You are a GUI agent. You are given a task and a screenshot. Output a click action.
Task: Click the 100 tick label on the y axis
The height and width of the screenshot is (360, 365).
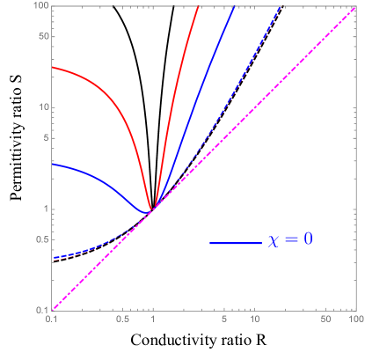(40, 7)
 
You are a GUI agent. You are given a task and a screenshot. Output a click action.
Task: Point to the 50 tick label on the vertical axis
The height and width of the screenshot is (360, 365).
(42, 37)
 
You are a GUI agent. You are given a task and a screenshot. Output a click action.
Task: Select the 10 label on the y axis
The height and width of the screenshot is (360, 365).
(42, 108)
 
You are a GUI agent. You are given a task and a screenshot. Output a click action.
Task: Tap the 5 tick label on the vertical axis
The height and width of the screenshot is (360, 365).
(45, 138)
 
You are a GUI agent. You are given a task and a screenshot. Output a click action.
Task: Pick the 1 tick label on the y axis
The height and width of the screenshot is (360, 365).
(45, 209)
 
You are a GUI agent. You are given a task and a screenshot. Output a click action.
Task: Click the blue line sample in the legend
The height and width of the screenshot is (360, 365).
(235, 242)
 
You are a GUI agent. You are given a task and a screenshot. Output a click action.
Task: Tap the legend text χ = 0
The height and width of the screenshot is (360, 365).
(290, 240)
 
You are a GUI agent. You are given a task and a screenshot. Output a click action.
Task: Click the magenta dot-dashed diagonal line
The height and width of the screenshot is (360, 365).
(255, 107)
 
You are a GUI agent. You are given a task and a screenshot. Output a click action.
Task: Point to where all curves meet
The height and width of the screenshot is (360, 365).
(154, 209)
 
